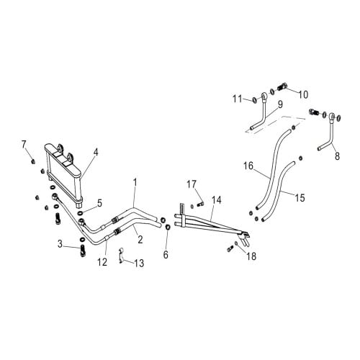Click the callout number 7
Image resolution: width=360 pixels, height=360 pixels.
point(24,145)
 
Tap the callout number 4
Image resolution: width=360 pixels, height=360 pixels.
point(96,152)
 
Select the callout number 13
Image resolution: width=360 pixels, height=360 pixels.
point(139,263)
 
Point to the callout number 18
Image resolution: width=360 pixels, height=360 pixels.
point(251,256)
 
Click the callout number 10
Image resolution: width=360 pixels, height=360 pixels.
point(303,94)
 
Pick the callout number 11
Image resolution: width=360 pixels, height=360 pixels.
point(238,99)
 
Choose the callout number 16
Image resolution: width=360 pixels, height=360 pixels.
point(248,166)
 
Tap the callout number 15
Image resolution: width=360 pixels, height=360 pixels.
point(300,198)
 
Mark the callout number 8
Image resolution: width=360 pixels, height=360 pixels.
point(337,156)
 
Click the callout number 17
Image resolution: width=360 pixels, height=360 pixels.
point(192,184)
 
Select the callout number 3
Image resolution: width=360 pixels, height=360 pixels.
point(60,244)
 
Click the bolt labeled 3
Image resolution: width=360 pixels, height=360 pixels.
point(83,251)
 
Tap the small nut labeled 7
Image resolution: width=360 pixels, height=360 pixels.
point(33,161)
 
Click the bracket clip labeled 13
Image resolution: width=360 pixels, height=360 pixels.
point(122,256)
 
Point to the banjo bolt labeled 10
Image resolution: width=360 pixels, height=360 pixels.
point(283,86)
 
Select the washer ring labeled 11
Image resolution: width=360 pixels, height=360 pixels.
point(254,100)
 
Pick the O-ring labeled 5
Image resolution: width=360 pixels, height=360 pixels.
point(80,212)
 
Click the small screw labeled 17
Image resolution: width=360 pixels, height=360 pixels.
point(200,204)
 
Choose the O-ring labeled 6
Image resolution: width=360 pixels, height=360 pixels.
point(168,227)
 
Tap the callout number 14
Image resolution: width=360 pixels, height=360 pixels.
point(217,200)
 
